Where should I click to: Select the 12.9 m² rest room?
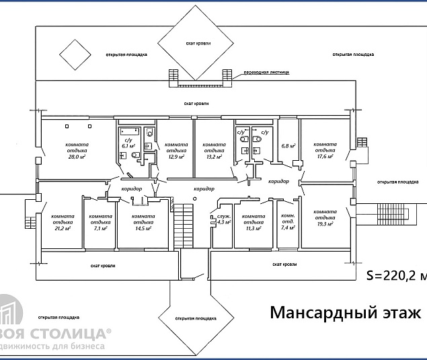pyautogui.click(x=176, y=151)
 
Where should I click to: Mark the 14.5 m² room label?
pyautogui.click(x=142, y=227)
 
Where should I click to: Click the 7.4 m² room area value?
pyautogui.click(x=288, y=227)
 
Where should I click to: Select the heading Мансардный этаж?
pyautogui.click(x=345, y=313)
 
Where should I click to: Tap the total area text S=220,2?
pyautogui.click(x=395, y=275)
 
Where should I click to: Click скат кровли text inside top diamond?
pyautogui.click(x=198, y=42)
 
